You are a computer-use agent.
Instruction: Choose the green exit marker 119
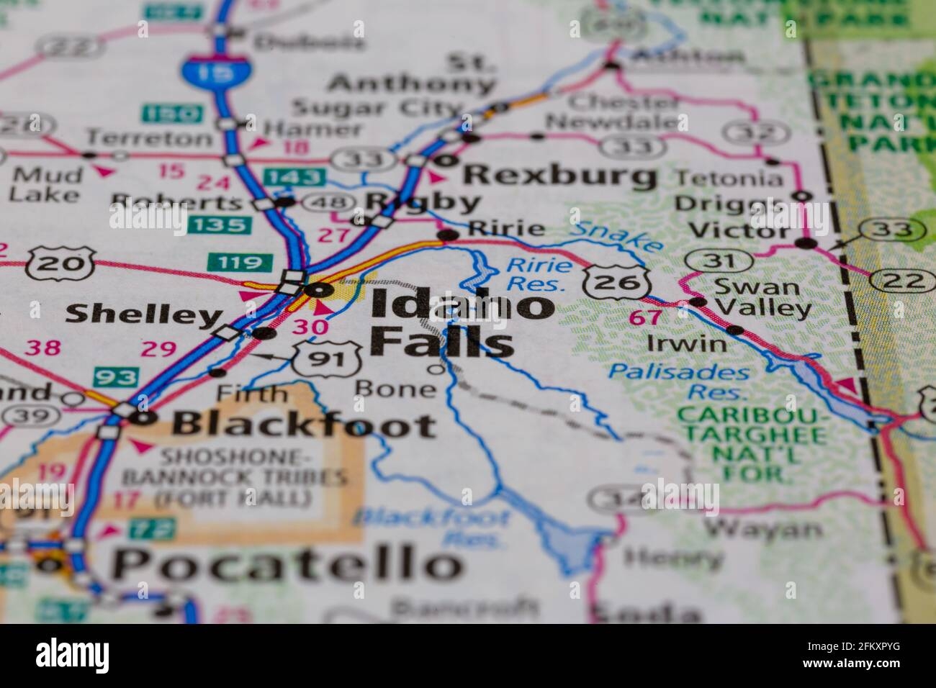230,262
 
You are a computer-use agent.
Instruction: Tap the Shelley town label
142,314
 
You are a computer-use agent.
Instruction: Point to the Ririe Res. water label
539,274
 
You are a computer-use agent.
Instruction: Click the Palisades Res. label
678,382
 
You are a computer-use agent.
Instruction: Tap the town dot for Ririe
448,235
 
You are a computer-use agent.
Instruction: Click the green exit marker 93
115,376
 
